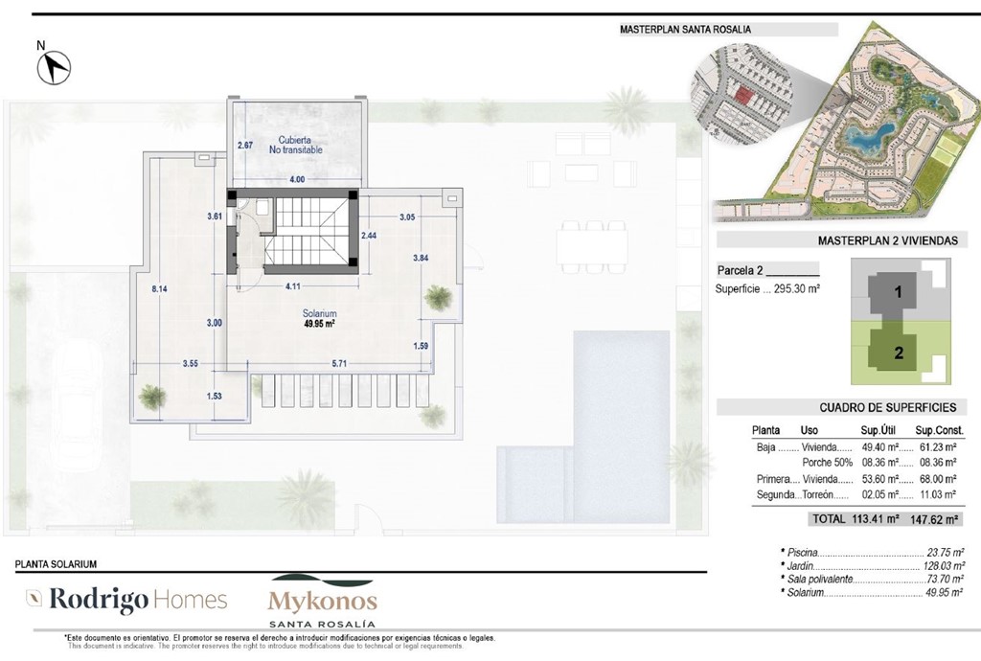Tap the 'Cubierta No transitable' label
296,145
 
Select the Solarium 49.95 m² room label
317,319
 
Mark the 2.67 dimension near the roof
245,146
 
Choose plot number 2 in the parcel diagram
899,352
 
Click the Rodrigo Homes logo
126,602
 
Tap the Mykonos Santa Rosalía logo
322,599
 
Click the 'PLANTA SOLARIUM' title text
57,565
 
